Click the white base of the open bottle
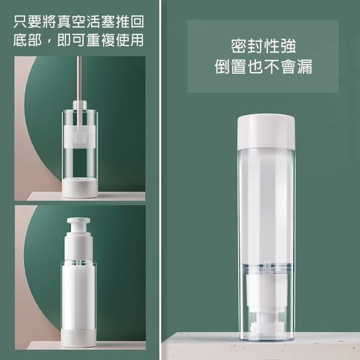[80, 188]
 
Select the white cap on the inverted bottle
[266, 132]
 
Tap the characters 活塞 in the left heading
[100, 22]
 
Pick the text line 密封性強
[263, 46]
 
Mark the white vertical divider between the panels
[160, 180]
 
